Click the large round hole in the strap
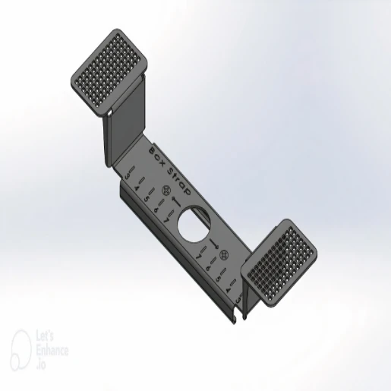point(194,225)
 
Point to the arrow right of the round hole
point(215,244)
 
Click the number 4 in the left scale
point(137,187)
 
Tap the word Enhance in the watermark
point(52,351)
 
